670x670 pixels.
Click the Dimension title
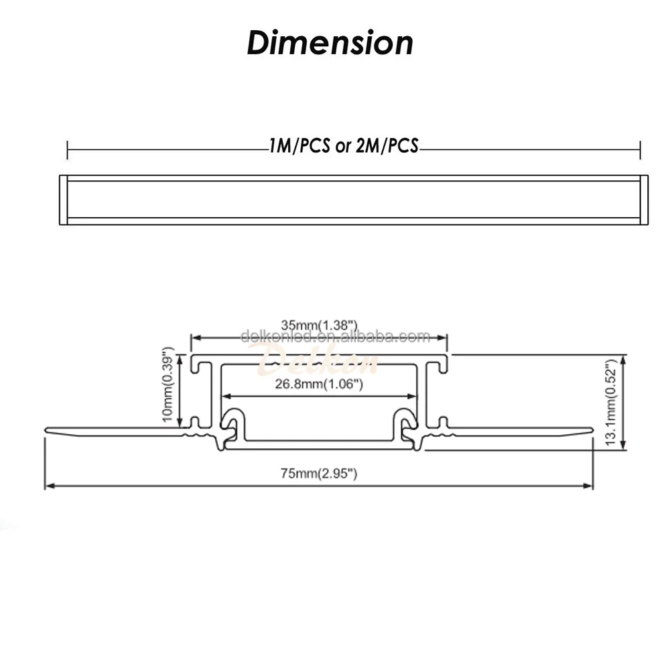point(330,43)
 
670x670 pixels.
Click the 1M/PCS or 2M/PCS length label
point(344,147)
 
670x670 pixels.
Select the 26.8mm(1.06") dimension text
point(320,384)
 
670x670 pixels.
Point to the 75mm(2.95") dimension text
point(319,474)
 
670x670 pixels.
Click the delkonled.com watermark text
point(334,336)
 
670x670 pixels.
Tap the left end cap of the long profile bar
point(64,200)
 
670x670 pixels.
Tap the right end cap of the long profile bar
point(644,200)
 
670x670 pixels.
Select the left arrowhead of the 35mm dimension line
point(196,338)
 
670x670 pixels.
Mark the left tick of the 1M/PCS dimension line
point(68,149)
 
